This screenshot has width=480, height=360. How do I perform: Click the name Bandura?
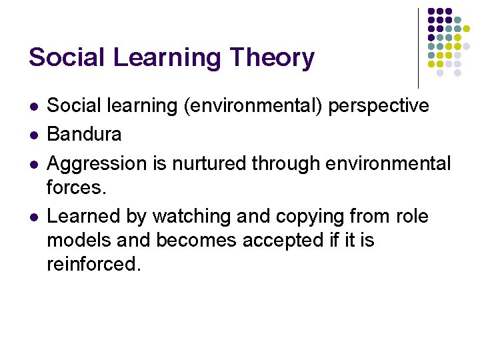(x=84, y=134)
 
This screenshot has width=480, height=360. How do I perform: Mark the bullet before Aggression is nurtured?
(x=33, y=164)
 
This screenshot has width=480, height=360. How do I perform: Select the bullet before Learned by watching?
(x=33, y=217)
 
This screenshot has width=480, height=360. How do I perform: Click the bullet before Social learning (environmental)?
(x=33, y=106)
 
